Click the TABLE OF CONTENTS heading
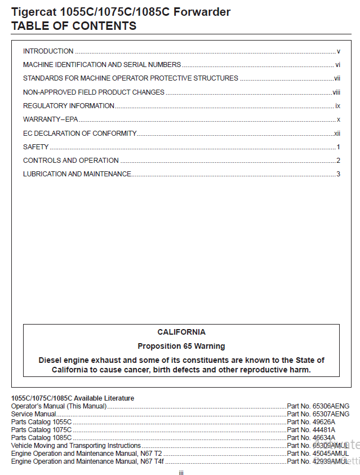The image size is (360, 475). point(73,26)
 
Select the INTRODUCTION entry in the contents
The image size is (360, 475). point(48,51)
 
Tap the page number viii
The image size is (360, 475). point(336,92)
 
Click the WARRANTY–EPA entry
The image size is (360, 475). point(50,119)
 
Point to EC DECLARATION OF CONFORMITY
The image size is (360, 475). point(79,134)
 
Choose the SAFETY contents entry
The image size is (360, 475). point(35,147)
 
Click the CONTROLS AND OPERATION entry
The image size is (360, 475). point(70,161)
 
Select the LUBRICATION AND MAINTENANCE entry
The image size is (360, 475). point(77,174)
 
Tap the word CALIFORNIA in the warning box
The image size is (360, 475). point(181,332)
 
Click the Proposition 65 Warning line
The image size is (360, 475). point(181,346)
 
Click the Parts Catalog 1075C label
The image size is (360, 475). point(41,430)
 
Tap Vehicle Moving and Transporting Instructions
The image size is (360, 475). point(75,446)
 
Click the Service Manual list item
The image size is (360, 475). point(33,414)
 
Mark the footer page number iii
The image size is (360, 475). point(181,473)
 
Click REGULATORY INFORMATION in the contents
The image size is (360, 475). point(68,106)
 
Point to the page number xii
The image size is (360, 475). point(337,134)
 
